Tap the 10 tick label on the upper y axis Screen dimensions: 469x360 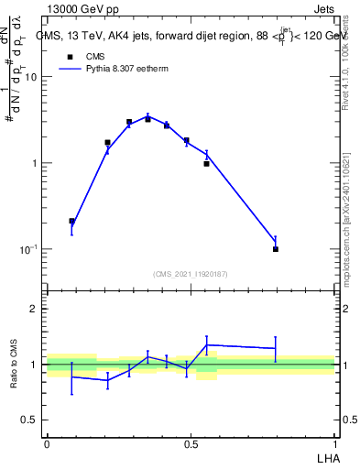coord(30,77)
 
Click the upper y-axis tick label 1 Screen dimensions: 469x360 coord(34,163)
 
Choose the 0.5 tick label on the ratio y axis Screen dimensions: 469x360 coord(29,420)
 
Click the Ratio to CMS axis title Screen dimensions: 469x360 coord(15,365)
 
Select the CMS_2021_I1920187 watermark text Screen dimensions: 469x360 coord(191,274)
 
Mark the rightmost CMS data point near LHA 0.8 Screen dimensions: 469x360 coord(276,248)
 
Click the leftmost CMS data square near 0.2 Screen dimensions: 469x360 coord(72,221)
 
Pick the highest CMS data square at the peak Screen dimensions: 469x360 coord(147,119)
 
